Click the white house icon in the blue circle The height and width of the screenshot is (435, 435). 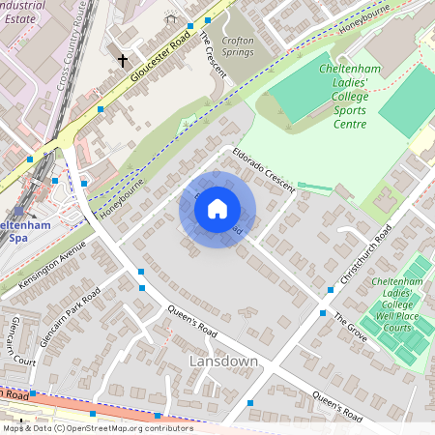point(217,209)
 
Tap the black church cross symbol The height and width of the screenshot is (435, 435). point(123,60)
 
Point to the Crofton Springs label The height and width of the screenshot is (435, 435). point(238,46)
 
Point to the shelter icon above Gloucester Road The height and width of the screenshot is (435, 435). point(171,18)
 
